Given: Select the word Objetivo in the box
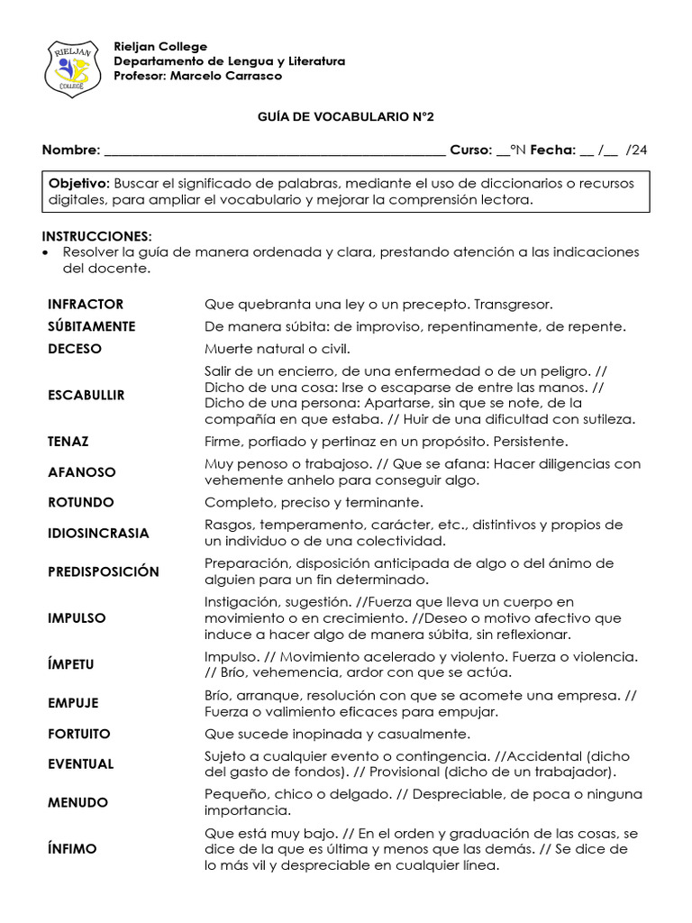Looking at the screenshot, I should pyautogui.click(x=78, y=183).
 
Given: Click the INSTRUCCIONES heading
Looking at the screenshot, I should pyautogui.click(x=100, y=236).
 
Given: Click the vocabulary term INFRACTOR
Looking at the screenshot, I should pyautogui.click(x=86, y=305).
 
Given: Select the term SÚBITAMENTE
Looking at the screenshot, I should pyautogui.click(x=92, y=326).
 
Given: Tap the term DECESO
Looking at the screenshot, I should pyautogui.click(x=75, y=349).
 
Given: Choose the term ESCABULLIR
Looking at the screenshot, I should pyautogui.click(x=86, y=395).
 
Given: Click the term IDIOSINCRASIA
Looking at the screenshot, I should pyautogui.click(x=99, y=533).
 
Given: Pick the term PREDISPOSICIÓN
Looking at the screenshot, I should pyautogui.click(x=104, y=571).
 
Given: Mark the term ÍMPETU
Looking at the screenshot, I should pyautogui.click(x=71, y=664).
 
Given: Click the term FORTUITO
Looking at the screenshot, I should pyautogui.click(x=79, y=734).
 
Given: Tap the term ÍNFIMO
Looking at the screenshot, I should pyautogui.click(x=72, y=849).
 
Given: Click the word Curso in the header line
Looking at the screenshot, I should pyautogui.click(x=470, y=151).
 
